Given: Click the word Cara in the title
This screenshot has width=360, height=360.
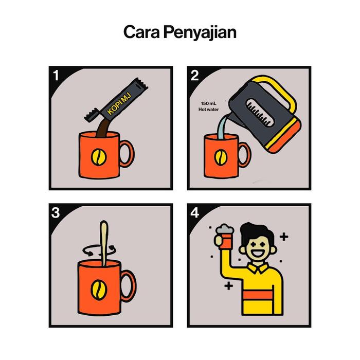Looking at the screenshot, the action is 141,32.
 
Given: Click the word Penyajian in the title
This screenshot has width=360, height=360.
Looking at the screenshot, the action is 200,33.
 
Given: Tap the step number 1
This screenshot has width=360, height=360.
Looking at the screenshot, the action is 56,75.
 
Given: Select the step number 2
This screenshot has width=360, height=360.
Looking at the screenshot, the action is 194,76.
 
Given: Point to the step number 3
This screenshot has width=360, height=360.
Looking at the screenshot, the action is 56,213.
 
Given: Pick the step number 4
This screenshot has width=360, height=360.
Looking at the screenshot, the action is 195,213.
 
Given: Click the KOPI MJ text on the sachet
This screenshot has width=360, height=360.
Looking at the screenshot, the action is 119,103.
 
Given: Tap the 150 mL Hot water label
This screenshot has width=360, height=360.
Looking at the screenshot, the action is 208,106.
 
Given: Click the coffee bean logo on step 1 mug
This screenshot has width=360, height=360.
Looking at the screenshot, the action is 99,157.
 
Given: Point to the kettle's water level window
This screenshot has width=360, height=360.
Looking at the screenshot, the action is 260,113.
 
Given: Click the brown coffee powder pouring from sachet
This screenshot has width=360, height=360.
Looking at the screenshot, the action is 103,129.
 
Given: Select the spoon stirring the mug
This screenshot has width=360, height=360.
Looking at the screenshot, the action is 104,243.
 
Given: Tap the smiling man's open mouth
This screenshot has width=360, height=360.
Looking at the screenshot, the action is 257,254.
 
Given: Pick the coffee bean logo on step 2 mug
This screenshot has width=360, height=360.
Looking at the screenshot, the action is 221,157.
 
